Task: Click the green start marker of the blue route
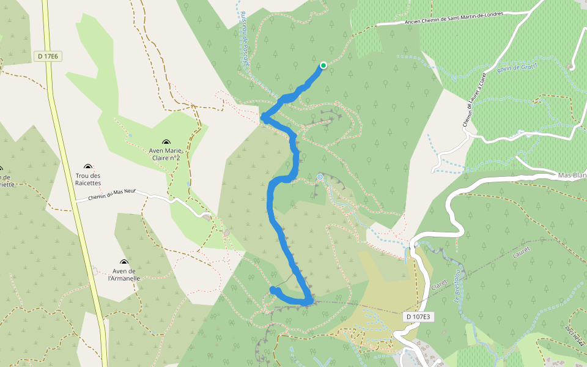[x=323, y=65]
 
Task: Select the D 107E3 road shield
[x=418, y=317]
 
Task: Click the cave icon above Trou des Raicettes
[x=88, y=166]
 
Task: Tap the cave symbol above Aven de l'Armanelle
[x=124, y=262]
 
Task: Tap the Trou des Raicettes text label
[x=87, y=179]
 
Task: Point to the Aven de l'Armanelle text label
[x=124, y=275]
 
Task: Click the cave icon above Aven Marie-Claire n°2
[x=166, y=142]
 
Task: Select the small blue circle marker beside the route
[x=319, y=177]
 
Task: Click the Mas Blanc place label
[x=572, y=175]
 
